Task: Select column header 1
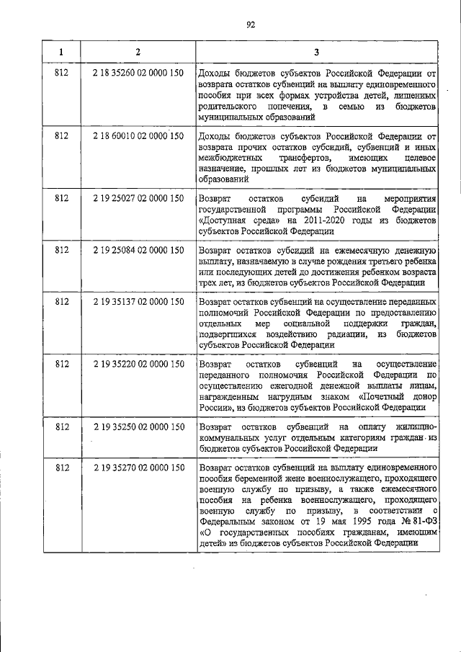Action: (61, 52)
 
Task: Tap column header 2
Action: (138, 52)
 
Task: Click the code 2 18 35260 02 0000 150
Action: (138, 73)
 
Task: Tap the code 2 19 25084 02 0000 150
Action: (138, 249)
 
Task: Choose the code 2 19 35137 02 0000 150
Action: (138, 302)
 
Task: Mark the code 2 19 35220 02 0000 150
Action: (138, 364)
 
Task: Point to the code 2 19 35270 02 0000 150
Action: (138, 468)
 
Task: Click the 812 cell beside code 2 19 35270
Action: (61, 468)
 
